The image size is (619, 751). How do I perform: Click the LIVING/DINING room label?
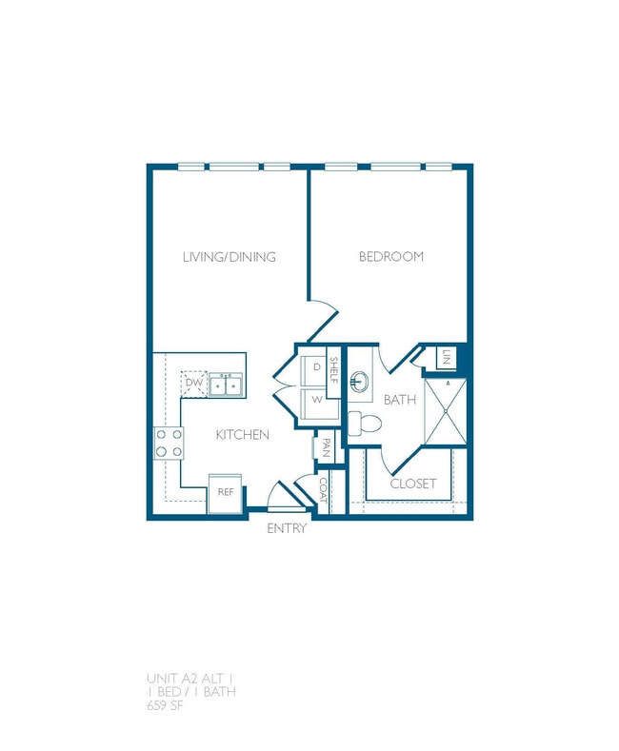coord(229,257)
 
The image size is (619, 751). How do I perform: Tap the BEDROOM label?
coord(390,257)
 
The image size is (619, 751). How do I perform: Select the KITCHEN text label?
coord(242,435)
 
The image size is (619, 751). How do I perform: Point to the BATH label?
coord(400,400)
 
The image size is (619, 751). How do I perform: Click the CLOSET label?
coord(413,484)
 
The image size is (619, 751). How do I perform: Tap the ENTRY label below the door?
coord(287,528)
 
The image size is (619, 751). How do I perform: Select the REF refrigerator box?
coord(226,492)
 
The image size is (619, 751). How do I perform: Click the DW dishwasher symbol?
coord(194,383)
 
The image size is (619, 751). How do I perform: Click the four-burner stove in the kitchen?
coord(170,443)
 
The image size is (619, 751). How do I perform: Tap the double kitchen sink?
coord(226,385)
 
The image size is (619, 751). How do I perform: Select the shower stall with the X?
coord(446,411)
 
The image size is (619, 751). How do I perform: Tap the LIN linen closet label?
coord(446,358)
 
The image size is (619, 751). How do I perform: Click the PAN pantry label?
coord(326,448)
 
